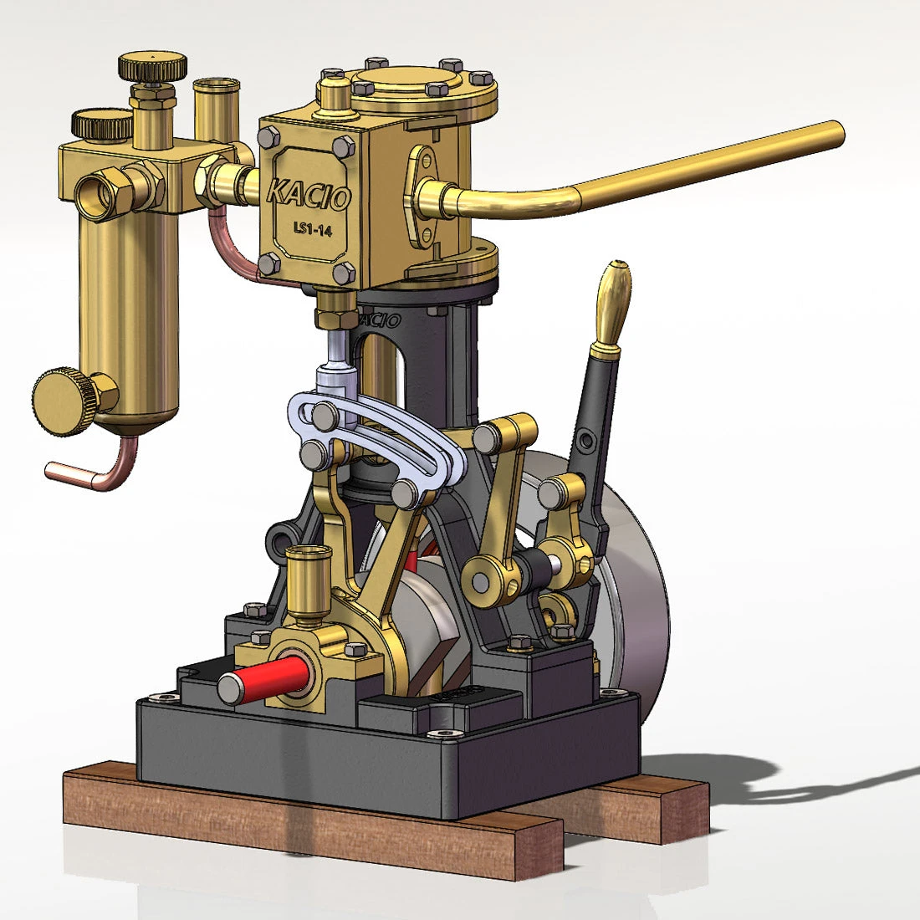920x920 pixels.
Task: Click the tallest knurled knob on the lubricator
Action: click(152, 66)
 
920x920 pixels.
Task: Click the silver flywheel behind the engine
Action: click(636, 585)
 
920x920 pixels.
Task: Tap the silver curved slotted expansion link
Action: click(376, 435)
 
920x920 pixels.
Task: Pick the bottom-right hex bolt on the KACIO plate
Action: click(344, 273)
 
